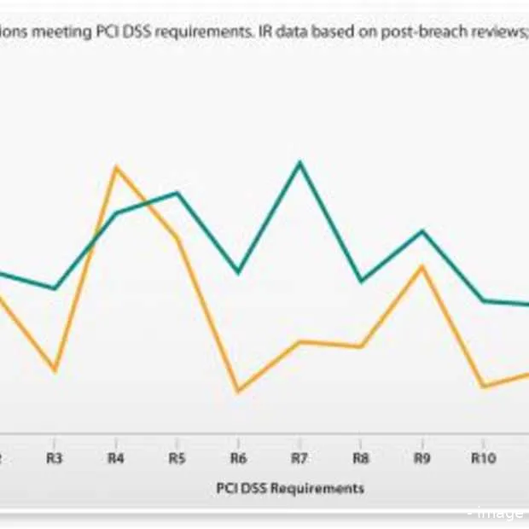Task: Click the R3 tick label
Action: pos(55,459)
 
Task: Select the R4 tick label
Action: pos(116,459)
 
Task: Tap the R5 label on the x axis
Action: pos(177,459)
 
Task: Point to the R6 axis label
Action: pos(238,459)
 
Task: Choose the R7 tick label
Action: pos(299,459)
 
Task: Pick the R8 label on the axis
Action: pos(361,459)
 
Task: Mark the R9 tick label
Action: pos(421,459)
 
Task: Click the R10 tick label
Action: pos(484,459)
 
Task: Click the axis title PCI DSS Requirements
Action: pos(290,488)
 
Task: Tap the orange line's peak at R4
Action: pos(117,167)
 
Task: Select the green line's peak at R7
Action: pos(299,162)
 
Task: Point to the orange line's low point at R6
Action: pos(238,391)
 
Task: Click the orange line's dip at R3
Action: pos(55,370)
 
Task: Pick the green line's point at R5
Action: pos(177,193)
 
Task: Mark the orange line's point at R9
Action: pos(421,267)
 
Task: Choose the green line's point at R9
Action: pos(421,231)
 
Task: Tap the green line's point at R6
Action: pos(238,271)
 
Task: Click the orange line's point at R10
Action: pos(483,386)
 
